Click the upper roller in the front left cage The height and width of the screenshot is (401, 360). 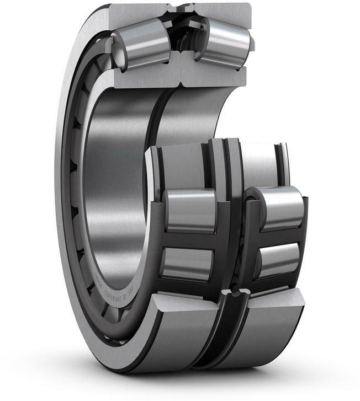(190, 210)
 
